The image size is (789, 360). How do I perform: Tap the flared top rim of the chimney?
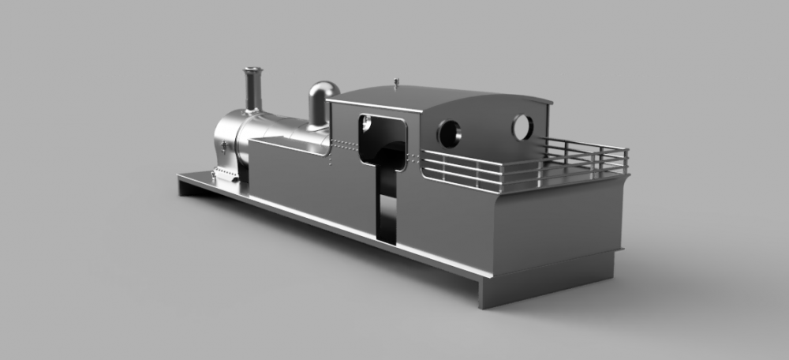click(252, 71)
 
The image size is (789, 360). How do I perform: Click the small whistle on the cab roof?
click(396, 81)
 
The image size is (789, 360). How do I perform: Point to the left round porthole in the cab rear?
click(450, 133)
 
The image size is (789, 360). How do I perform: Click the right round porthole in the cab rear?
click(522, 127)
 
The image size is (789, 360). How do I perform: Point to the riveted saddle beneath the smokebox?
click(226, 174)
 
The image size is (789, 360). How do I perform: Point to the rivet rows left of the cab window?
click(344, 144)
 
